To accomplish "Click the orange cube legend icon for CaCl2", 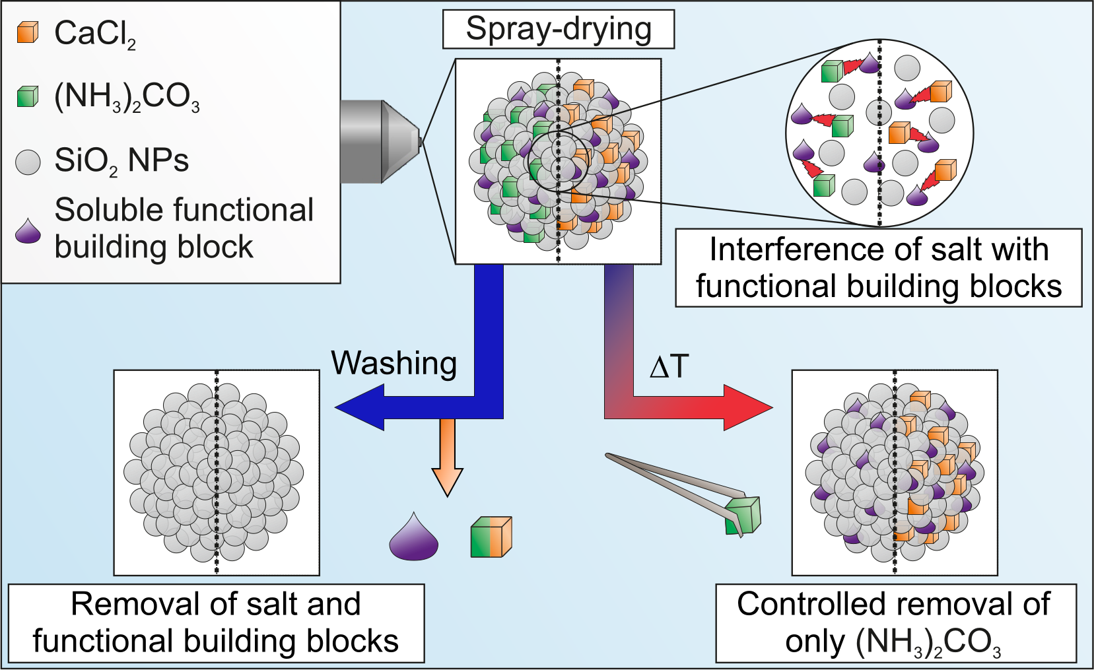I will [28, 32].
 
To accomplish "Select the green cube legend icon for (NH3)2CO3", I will [28, 96].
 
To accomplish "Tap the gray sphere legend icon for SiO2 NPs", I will [28, 162].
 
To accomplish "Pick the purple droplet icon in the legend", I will [28, 230].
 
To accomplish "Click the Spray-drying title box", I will [558, 30].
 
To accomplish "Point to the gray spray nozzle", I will [380, 141].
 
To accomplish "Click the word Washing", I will [394, 363].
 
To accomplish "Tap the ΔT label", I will [669, 366].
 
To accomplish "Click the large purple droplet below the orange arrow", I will [414, 538].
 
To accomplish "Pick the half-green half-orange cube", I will [491, 537].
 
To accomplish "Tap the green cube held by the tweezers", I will [743, 516].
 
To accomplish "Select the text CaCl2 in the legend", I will [95, 34].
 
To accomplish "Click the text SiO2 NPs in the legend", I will [121, 161].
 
